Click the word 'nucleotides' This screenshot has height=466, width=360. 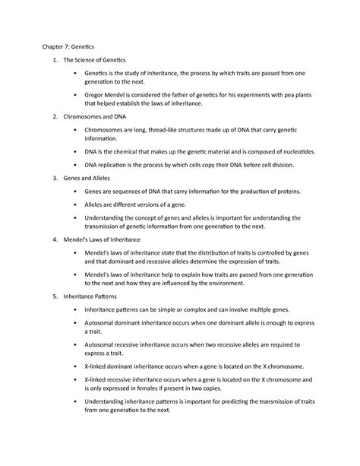299,151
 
